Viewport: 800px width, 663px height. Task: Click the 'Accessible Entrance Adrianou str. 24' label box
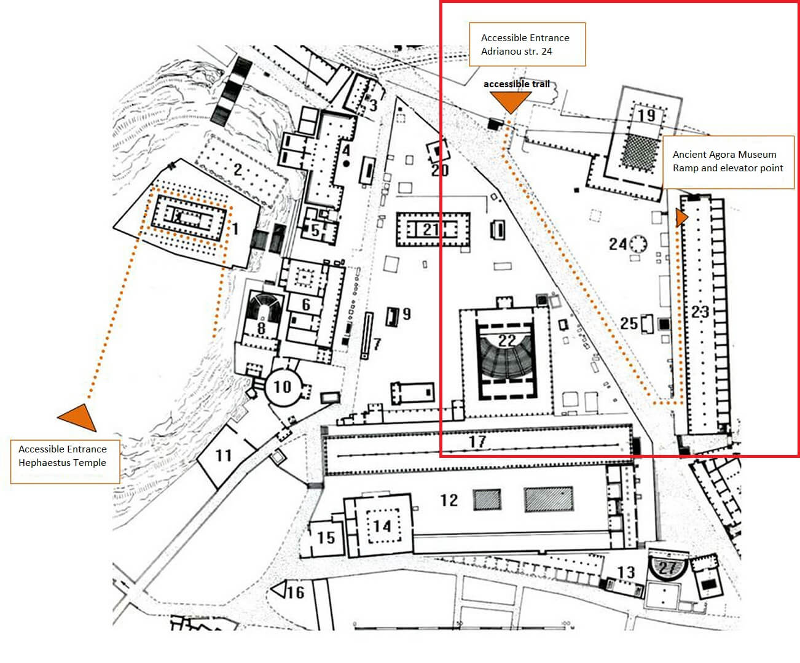(527, 44)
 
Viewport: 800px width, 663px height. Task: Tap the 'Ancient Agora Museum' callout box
(728, 162)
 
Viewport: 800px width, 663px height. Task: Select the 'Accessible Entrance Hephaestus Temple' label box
(65, 462)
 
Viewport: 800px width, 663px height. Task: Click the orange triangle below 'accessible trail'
(511, 102)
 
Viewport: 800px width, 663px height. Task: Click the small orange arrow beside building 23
(681, 217)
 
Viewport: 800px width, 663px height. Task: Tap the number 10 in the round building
(283, 387)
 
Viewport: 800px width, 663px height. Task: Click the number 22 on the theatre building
(507, 340)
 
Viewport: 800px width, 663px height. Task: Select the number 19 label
(647, 115)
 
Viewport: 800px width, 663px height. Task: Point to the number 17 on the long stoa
(477, 442)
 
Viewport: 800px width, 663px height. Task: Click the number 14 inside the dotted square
(382, 526)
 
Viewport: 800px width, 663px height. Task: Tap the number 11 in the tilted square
(224, 455)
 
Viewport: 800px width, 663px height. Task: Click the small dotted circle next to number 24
(638, 244)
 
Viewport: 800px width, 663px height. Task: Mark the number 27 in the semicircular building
(667, 567)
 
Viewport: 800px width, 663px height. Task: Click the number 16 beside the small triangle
(296, 592)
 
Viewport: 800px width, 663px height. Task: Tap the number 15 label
(326, 537)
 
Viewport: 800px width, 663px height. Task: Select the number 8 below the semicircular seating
(261, 328)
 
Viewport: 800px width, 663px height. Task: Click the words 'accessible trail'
(517, 84)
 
